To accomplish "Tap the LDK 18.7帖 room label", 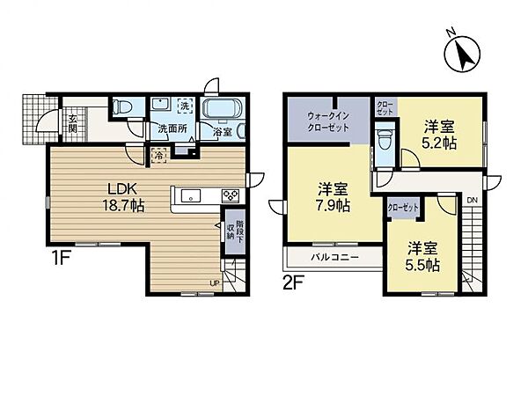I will pyautogui.click(x=125, y=195).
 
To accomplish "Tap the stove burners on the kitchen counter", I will pyautogui.click(x=231, y=195).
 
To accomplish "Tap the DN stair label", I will pyautogui.click(x=472, y=201).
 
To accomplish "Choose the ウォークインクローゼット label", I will pyautogui.click(x=327, y=121).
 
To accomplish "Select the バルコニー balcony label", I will pyautogui.click(x=332, y=259).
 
